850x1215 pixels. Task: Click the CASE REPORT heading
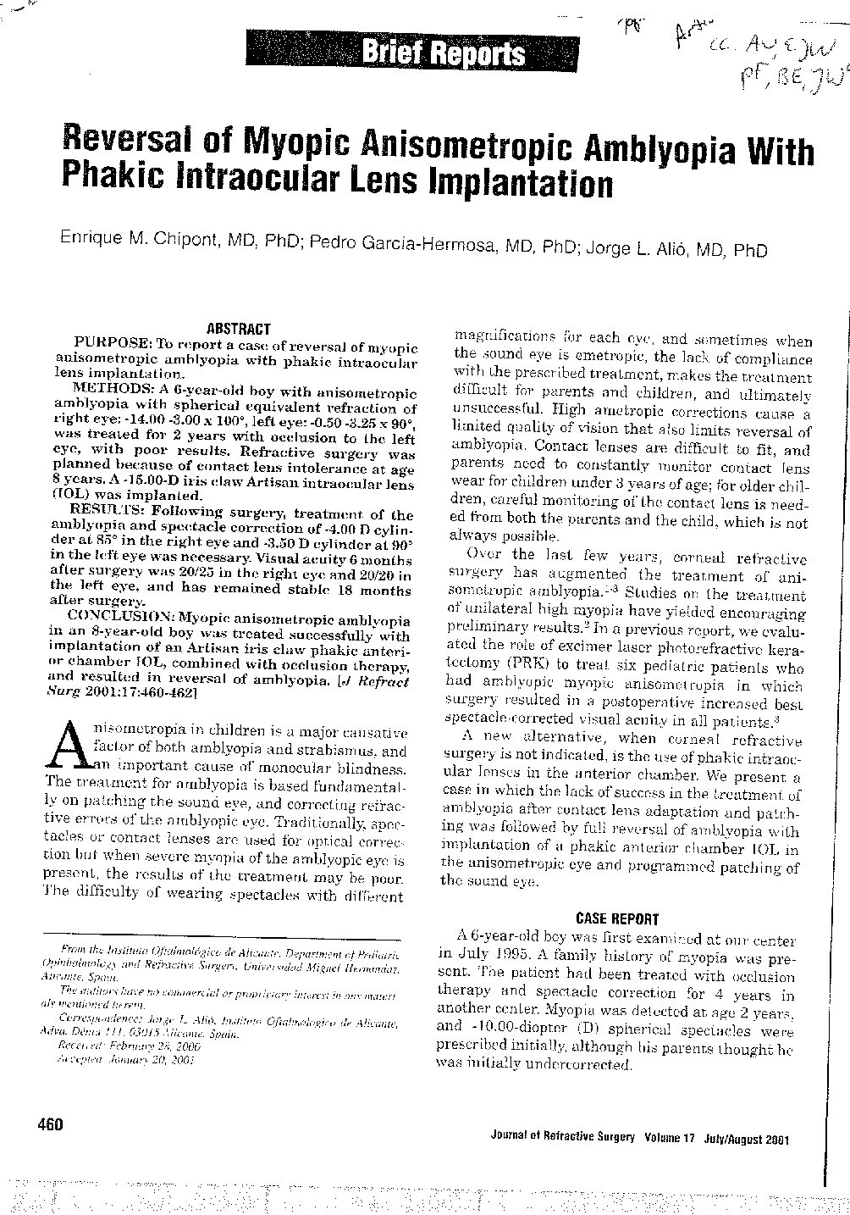tap(616, 918)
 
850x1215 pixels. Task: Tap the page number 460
tap(50, 1124)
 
